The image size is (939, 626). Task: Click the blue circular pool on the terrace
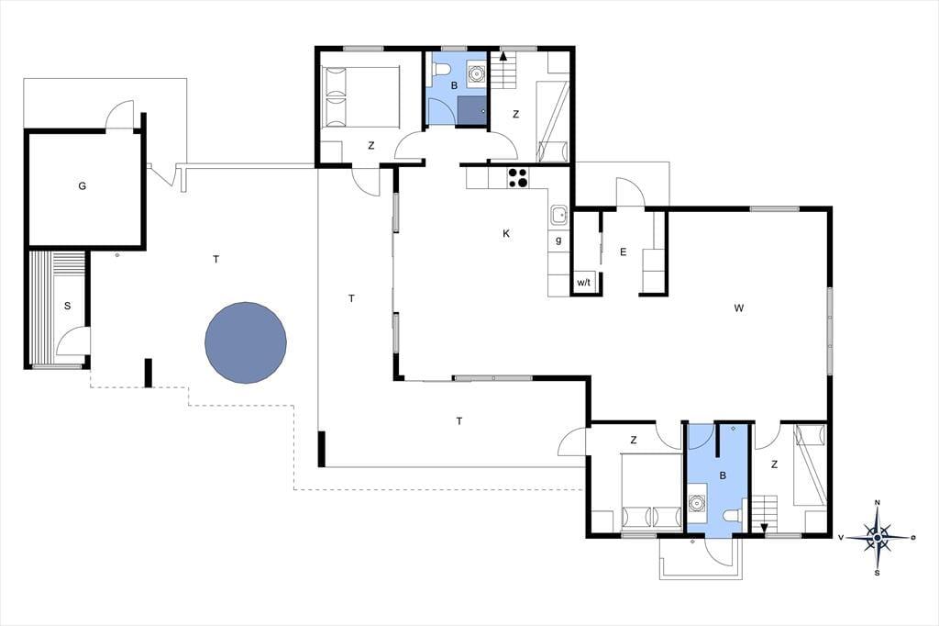[246, 342]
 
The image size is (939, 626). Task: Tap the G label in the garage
[82, 186]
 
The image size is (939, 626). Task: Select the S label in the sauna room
[67, 306]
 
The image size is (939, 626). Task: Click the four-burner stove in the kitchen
[518, 177]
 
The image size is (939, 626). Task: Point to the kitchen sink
[558, 215]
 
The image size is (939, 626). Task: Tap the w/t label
[584, 283]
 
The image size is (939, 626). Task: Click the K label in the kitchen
[506, 233]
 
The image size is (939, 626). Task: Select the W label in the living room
[739, 308]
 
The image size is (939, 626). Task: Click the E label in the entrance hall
[623, 252]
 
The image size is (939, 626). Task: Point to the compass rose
[878, 538]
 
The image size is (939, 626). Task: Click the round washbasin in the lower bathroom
[697, 502]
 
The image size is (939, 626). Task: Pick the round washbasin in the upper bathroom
[476, 73]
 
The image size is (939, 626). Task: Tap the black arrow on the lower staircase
[764, 527]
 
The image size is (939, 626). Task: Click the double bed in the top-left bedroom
[360, 96]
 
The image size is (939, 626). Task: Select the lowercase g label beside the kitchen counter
[558, 240]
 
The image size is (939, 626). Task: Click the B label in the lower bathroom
[723, 475]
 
